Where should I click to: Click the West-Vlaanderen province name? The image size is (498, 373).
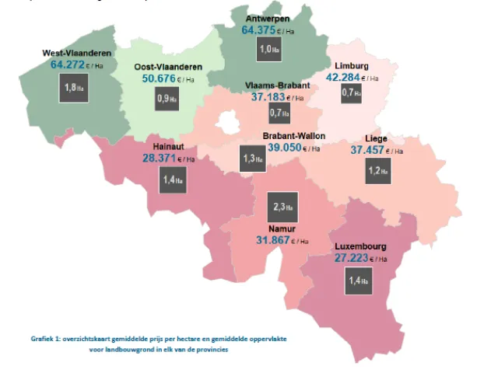pos(75,54)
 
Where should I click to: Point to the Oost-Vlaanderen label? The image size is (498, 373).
pos(163,67)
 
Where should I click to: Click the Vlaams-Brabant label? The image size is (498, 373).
pos(277,85)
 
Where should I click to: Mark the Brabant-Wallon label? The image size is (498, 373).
pos(293,135)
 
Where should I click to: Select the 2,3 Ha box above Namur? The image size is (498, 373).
pos(282,207)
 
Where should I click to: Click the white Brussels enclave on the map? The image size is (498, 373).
pos(228,123)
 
